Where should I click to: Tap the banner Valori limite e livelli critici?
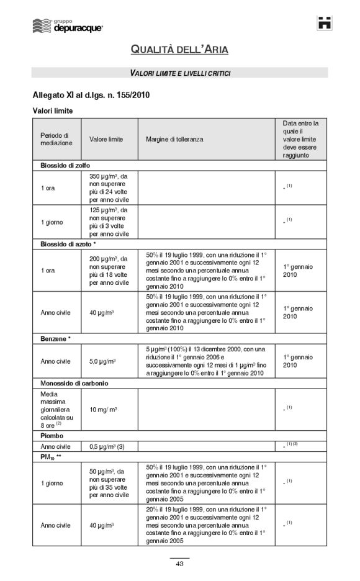(180, 73)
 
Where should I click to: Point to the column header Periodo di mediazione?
(56, 139)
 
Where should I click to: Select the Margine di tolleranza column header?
(174, 140)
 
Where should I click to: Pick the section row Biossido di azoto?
(68, 245)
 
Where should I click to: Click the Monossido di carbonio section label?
(74, 383)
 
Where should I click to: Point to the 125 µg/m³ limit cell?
(109, 222)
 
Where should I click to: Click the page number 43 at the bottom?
(179, 564)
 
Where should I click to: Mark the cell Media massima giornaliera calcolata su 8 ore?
(56, 410)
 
